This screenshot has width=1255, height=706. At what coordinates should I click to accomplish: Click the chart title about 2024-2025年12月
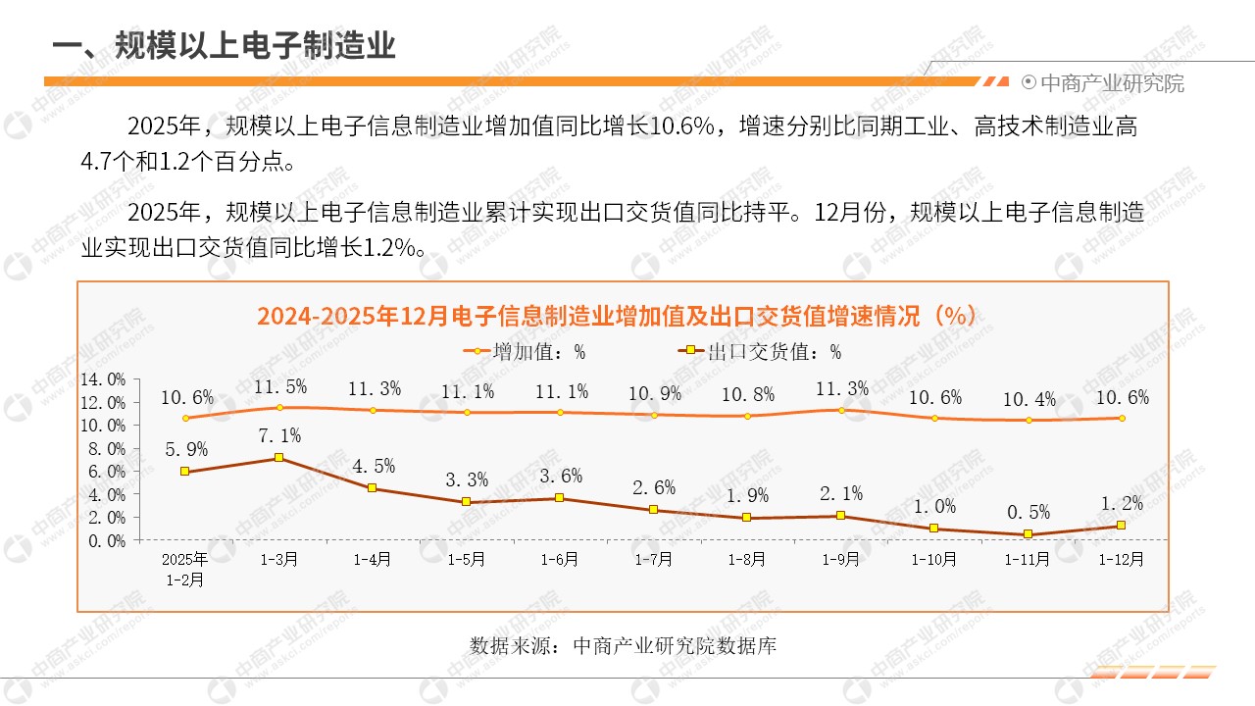pos(617,316)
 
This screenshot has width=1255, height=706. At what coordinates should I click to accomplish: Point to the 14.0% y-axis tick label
pos(102,379)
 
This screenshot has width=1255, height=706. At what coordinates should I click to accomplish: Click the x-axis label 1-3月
pos(278,559)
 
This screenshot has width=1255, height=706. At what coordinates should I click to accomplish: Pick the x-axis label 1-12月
pos(1121,559)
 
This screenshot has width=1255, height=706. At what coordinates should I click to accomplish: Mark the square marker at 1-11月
pos(1028,534)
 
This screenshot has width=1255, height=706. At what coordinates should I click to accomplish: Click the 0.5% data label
pos(1028,511)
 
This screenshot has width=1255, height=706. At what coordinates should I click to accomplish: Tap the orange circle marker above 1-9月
pos(840,410)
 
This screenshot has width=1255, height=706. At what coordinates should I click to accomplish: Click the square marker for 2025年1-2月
pos(184,472)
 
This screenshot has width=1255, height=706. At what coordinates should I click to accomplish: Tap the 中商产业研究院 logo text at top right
pos(1111,83)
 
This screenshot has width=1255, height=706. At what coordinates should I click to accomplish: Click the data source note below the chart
pos(624,646)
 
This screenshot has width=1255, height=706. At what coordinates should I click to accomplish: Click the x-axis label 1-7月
pos(653,559)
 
